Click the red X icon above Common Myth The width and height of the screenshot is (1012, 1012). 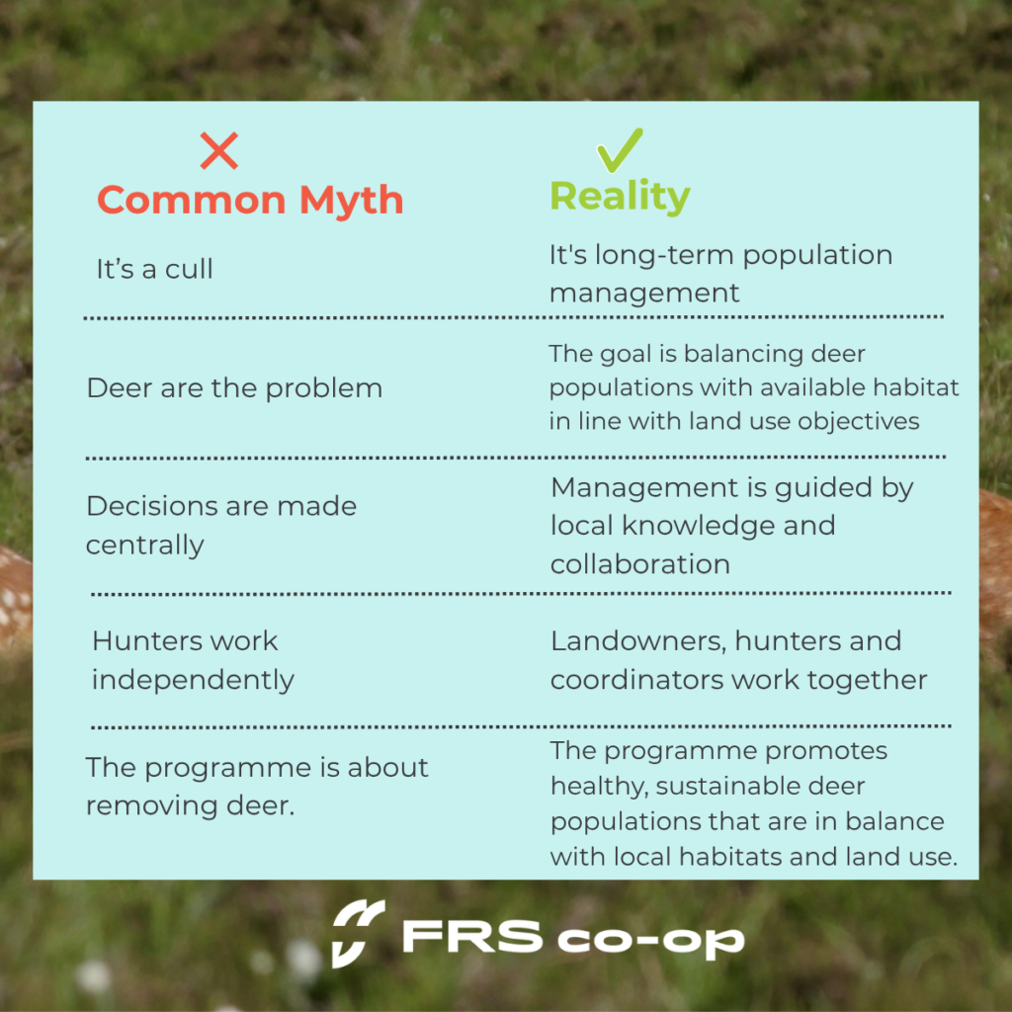click(x=218, y=150)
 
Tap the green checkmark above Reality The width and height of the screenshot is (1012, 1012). click(x=620, y=150)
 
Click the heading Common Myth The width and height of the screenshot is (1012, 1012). click(x=250, y=200)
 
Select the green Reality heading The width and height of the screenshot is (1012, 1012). click(x=620, y=197)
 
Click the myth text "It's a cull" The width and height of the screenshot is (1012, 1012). click(x=154, y=269)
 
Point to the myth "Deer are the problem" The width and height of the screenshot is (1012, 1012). click(x=234, y=388)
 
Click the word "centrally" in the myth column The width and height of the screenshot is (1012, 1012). click(x=144, y=546)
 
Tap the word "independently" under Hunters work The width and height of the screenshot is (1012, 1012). click(x=193, y=680)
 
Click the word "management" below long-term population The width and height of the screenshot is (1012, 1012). click(x=644, y=294)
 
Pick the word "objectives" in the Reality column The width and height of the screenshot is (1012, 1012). click(x=859, y=422)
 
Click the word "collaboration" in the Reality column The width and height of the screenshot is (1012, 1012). click(x=640, y=564)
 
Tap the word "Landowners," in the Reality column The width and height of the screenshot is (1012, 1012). click(x=638, y=641)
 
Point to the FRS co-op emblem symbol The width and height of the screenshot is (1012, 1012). click(x=358, y=933)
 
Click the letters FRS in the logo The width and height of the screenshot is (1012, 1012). click(x=472, y=937)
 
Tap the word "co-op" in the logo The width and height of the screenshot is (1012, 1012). click(x=650, y=942)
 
